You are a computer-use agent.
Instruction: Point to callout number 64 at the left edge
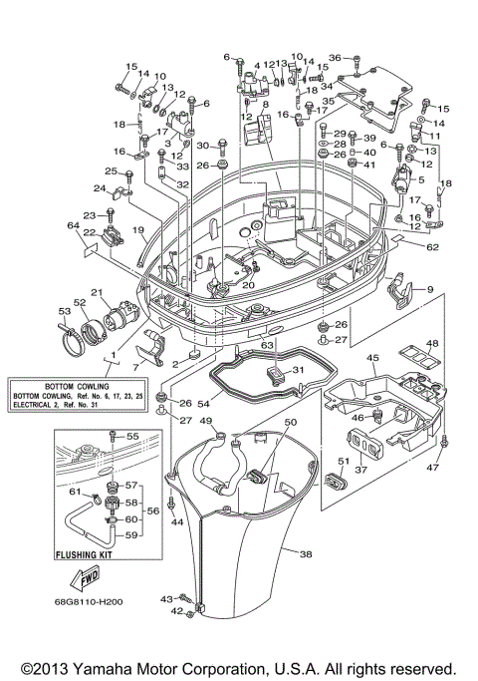pos(72,227)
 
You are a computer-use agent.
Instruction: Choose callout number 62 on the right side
pos(432,245)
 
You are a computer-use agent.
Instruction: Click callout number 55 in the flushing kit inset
pos(132,437)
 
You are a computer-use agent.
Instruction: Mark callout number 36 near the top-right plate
pos(335,58)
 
